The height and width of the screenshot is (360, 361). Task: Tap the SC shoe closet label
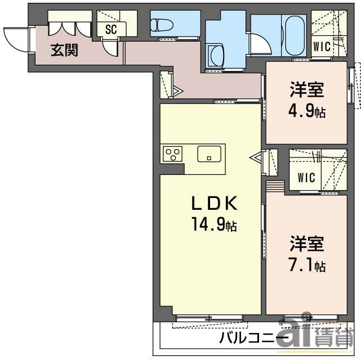pyautogui.click(x=110, y=30)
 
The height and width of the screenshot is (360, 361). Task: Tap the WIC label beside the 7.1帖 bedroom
pyautogui.click(x=306, y=178)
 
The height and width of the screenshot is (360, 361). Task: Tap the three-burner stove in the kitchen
pyautogui.click(x=173, y=154)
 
